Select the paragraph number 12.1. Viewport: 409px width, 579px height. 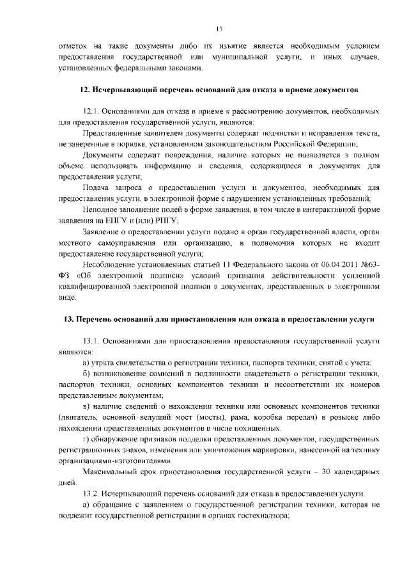93,111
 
